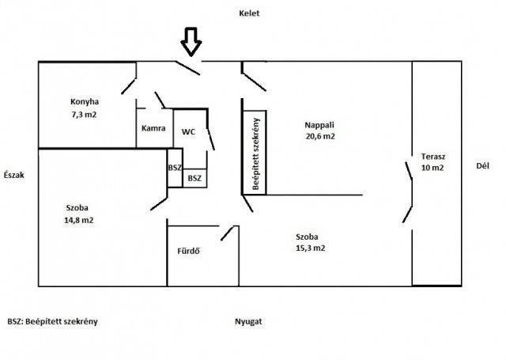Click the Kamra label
tap(153, 129)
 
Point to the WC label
tap(188, 131)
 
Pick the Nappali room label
tap(319, 124)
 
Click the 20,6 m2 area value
tap(319, 136)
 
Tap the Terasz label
tap(432, 156)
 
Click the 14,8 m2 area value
tap(78, 221)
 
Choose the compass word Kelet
tap(249, 13)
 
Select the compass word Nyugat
tap(248, 322)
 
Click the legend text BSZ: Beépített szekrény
tap(52, 322)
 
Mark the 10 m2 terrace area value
tap(432, 168)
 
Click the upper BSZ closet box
tap(175, 168)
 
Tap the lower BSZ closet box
tap(194, 180)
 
